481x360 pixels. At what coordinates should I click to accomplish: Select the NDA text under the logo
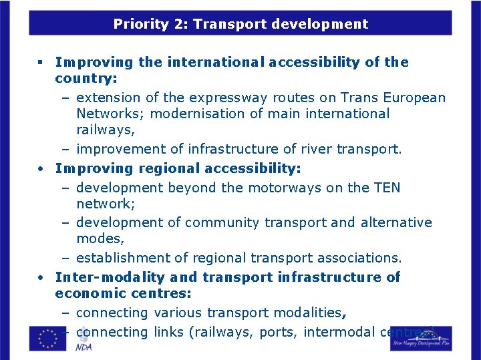(x=84, y=347)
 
